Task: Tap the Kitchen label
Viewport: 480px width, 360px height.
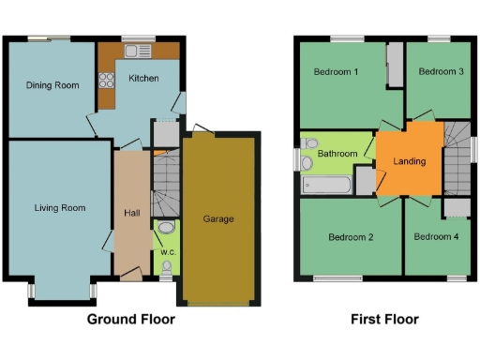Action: [143, 78]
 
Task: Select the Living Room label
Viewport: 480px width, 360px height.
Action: [60, 207]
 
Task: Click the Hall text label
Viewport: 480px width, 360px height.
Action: [132, 213]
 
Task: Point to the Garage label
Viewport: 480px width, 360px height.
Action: [218, 219]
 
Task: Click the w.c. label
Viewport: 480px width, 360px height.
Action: [166, 250]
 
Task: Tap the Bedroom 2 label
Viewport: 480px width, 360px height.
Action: [351, 237]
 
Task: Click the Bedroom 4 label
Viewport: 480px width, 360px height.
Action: [436, 237]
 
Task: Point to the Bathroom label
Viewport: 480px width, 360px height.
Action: [337, 153]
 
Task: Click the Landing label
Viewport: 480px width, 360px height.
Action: [410, 161]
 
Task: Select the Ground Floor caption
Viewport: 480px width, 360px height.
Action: [131, 319]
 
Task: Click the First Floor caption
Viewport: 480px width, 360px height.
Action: [384, 319]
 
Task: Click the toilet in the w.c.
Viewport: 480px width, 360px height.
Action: [166, 228]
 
